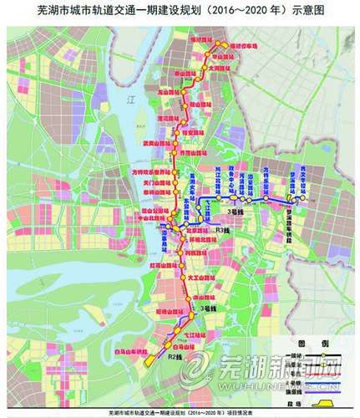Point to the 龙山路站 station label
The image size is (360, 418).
click(170, 87)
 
